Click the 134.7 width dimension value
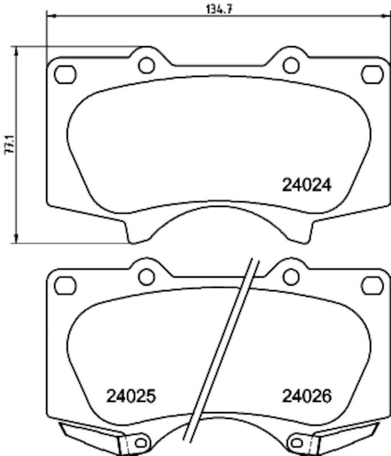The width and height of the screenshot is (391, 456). pyautogui.click(x=219, y=9)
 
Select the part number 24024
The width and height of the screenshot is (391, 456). pyautogui.click(x=307, y=185)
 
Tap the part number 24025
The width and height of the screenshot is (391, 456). pyautogui.click(x=131, y=396)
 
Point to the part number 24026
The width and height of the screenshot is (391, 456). pyautogui.click(x=307, y=396)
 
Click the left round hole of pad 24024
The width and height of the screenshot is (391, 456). pyautogui.click(x=146, y=66)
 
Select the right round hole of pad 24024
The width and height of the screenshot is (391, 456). pyautogui.click(x=291, y=66)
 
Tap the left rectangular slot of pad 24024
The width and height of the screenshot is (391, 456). pyautogui.click(x=65, y=74)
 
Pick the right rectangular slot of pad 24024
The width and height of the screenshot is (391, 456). pyautogui.click(x=372, y=74)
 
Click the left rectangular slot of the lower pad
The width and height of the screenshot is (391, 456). pyautogui.click(x=65, y=284)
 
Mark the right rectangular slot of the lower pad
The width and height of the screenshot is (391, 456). pyautogui.click(x=372, y=284)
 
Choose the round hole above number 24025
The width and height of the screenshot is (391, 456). pyautogui.click(x=146, y=276)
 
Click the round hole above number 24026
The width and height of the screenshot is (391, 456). pyautogui.click(x=291, y=276)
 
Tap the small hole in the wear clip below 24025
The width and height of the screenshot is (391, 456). pyautogui.click(x=139, y=442)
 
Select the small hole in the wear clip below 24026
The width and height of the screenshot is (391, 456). pyautogui.click(x=296, y=442)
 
